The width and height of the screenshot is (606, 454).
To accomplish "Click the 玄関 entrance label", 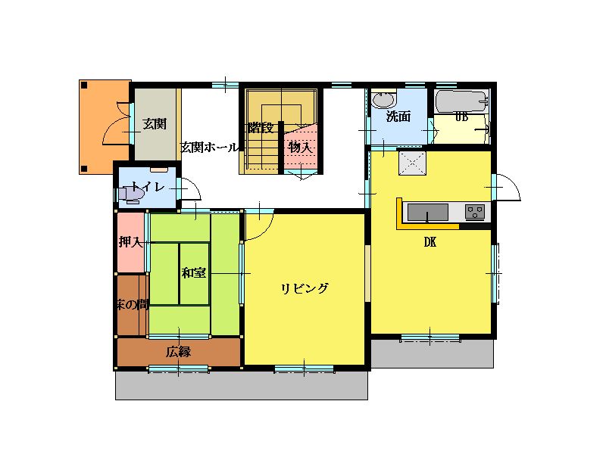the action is pyautogui.click(x=155, y=124).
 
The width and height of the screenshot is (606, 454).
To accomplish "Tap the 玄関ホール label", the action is pyautogui.click(x=210, y=147).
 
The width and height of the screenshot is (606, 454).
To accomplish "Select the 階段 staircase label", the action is pyautogui.click(x=261, y=127).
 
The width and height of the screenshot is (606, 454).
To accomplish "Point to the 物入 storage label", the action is pyautogui.click(x=300, y=147).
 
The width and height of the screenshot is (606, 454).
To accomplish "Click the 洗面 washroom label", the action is pyautogui.click(x=398, y=117).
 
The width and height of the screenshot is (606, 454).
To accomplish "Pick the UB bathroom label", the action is pyautogui.click(x=461, y=117).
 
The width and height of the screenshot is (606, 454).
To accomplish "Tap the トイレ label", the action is pyautogui.click(x=148, y=187).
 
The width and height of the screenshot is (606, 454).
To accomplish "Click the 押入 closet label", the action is pyautogui.click(x=130, y=241).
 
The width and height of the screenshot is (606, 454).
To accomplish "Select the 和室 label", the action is pyautogui.click(x=194, y=273).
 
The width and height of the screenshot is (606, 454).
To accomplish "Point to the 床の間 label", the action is pyautogui.click(x=133, y=305).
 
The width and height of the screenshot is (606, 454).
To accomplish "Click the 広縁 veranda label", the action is pyautogui.click(x=179, y=352).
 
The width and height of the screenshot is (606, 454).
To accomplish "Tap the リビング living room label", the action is pyautogui.click(x=305, y=288).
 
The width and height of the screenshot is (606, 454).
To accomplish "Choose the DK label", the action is pyautogui.click(x=430, y=242).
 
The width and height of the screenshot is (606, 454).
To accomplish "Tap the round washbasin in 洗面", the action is pyautogui.click(x=384, y=101).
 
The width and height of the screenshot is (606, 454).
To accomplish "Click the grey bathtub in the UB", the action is pyautogui.click(x=461, y=102).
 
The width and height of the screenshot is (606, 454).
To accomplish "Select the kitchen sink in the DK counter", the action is pyautogui.click(x=428, y=213).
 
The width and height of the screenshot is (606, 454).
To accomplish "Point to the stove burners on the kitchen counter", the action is pyautogui.click(x=475, y=212).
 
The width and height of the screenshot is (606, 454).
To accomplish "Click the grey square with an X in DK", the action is pyautogui.click(x=412, y=163).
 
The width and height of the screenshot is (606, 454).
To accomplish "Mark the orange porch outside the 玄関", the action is pyautogui.click(x=105, y=127).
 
